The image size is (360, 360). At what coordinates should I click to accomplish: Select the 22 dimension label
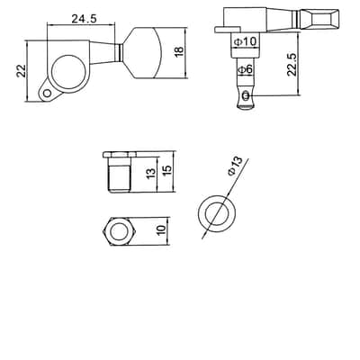[x=22, y=71]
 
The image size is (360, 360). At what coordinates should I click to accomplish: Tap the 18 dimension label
[x=178, y=51]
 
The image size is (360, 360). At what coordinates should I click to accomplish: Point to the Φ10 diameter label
[x=246, y=41]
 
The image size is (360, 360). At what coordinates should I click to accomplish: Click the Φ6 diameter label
[x=246, y=70]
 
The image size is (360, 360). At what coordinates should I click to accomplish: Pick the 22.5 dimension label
[x=292, y=64]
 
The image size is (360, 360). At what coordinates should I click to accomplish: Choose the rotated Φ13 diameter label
[x=235, y=166]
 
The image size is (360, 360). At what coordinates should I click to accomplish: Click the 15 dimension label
[x=167, y=169]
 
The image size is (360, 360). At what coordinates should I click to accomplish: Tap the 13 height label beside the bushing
[x=151, y=173]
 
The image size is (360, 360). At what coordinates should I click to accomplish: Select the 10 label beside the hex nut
[x=161, y=229]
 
